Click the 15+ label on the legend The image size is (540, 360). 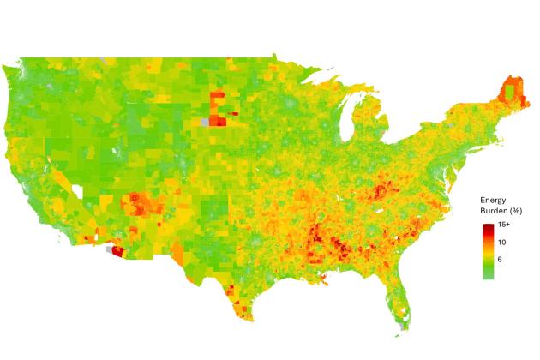tap(504, 225)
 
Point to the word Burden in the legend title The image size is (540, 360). tap(489, 210)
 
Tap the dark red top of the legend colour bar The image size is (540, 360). tap(488, 226)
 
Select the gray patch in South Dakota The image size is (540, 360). tap(204, 123)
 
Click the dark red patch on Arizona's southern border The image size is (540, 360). tap(117, 252)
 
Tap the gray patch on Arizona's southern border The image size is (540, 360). tap(108, 251)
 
